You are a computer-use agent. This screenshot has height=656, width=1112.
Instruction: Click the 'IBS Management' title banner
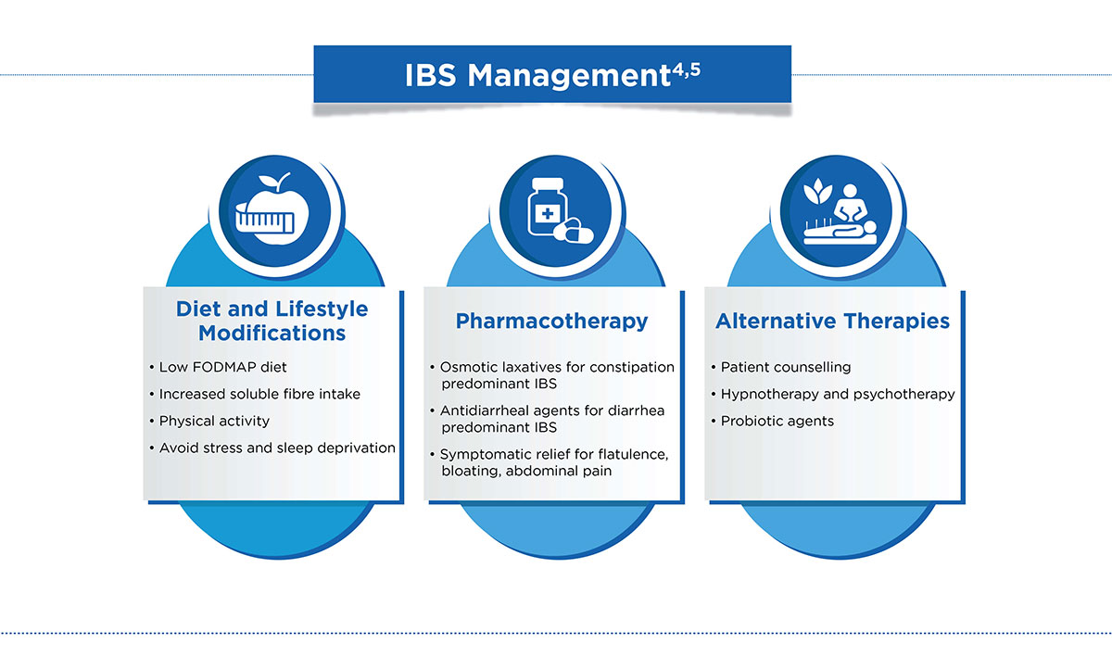coord(551,74)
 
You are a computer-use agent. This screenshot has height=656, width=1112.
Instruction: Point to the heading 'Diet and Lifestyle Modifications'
coord(272,321)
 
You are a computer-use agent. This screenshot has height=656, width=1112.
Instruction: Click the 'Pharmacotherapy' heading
coord(551,322)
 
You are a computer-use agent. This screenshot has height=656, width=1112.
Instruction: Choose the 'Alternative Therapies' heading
coord(832,322)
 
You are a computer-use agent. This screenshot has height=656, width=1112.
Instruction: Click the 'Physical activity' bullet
coord(214,421)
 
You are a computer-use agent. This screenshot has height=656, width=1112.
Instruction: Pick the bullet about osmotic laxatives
coord(556,374)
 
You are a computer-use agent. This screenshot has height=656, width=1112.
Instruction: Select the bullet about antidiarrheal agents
coord(552,419)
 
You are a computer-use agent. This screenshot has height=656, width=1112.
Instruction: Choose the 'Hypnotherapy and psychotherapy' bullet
coord(837,394)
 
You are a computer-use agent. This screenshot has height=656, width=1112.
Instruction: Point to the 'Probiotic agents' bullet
coord(777,421)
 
